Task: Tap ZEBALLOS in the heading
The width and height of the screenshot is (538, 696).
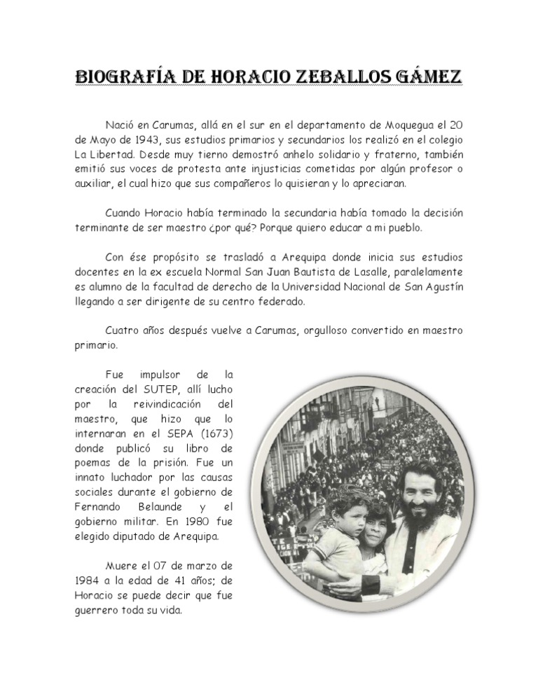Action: pos(333,75)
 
